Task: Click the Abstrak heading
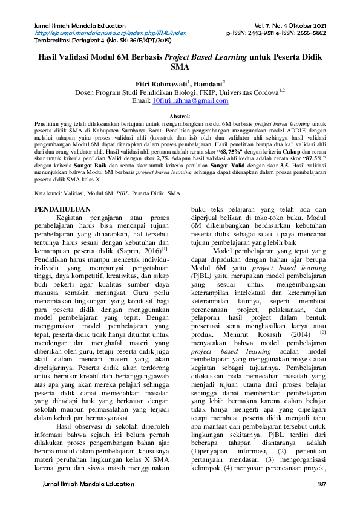point(180,115)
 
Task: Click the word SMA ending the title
point(180,68)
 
